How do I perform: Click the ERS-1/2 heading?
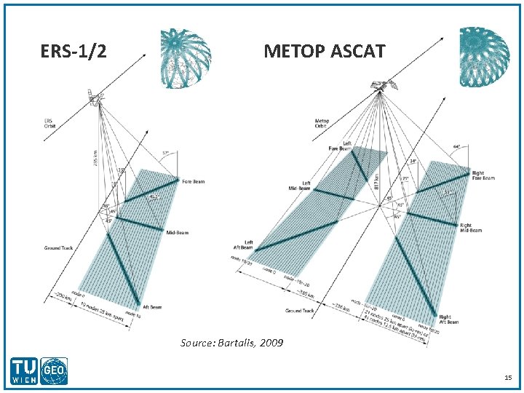[x=74, y=52]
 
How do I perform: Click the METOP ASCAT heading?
[x=324, y=52]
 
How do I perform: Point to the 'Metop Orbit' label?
[x=322, y=123]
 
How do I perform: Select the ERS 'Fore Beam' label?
[x=194, y=181]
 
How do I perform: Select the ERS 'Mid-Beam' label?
[x=177, y=232]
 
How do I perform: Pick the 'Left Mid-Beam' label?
[x=301, y=186]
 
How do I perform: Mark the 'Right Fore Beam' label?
[x=483, y=176]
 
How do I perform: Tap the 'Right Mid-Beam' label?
[x=470, y=228]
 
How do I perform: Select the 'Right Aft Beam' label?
[x=448, y=319]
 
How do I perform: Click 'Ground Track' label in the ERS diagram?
[x=59, y=248]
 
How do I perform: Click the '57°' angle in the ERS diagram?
[x=165, y=153]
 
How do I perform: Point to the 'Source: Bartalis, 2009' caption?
[x=232, y=342]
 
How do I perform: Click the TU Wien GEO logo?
[x=41, y=371]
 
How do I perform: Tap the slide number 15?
[x=508, y=378]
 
